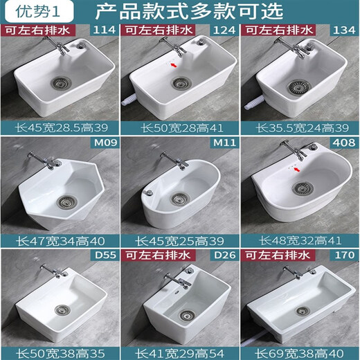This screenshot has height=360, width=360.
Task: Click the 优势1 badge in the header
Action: (x=24, y=12)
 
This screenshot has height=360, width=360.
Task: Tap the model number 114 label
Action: (x=105, y=30)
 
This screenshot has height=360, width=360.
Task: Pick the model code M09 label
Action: (x=104, y=143)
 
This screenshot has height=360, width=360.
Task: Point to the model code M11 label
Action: (x=224, y=143)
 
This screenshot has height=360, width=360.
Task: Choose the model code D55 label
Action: (x=105, y=257)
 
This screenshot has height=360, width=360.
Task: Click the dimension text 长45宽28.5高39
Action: (x=60, y=127)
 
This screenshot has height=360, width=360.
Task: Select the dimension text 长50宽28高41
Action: (x=179, y=127)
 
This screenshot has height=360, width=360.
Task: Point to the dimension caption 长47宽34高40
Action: (x=60, y=241)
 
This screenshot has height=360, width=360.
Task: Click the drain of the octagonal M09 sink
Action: (x=66, y=203)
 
